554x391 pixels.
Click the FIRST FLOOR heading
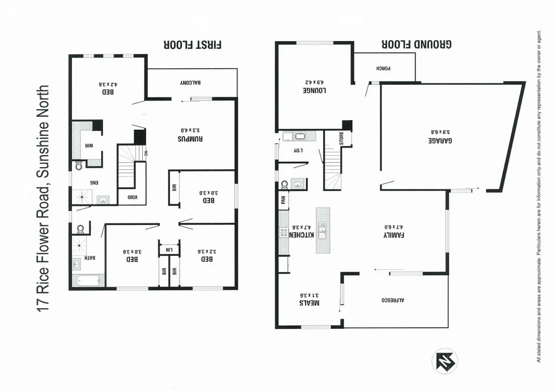[x=193, y=45]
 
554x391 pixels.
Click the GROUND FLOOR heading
[x=417, y=45]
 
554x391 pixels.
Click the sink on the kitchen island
[x=323, y=230]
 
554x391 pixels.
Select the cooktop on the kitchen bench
[x=283, y=233]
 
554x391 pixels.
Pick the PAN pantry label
[x=282, y=201]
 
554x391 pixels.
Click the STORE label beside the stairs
[x=342, y=138]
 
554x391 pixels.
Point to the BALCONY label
[x=190, y=83]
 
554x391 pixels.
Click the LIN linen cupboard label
[x=169, y=249]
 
